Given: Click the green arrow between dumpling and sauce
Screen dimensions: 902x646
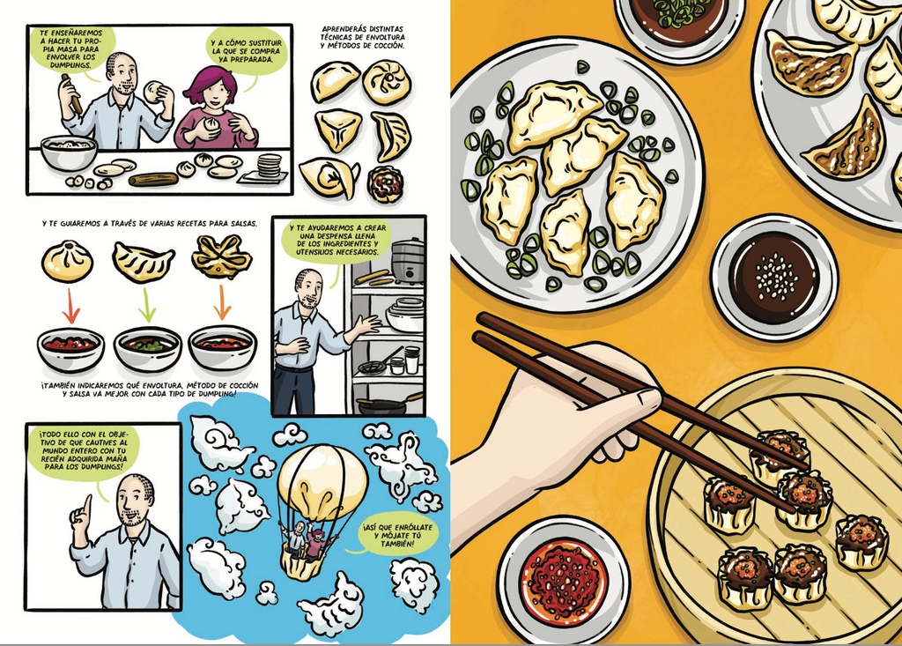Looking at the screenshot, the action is click(147, 305).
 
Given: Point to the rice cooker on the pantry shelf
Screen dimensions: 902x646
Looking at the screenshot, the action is click(408, 262).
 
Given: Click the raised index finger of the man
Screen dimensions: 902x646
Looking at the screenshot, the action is click(86, 505).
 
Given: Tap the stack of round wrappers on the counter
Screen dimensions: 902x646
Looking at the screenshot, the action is click(270, 167).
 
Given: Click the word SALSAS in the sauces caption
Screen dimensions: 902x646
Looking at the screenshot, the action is click(240, 223).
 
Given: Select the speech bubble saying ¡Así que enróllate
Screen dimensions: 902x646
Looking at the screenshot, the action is click(396, 536).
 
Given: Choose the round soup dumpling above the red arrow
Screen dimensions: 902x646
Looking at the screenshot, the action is click(67, 262).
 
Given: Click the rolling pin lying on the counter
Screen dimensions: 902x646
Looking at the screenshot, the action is click(153, 180).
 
